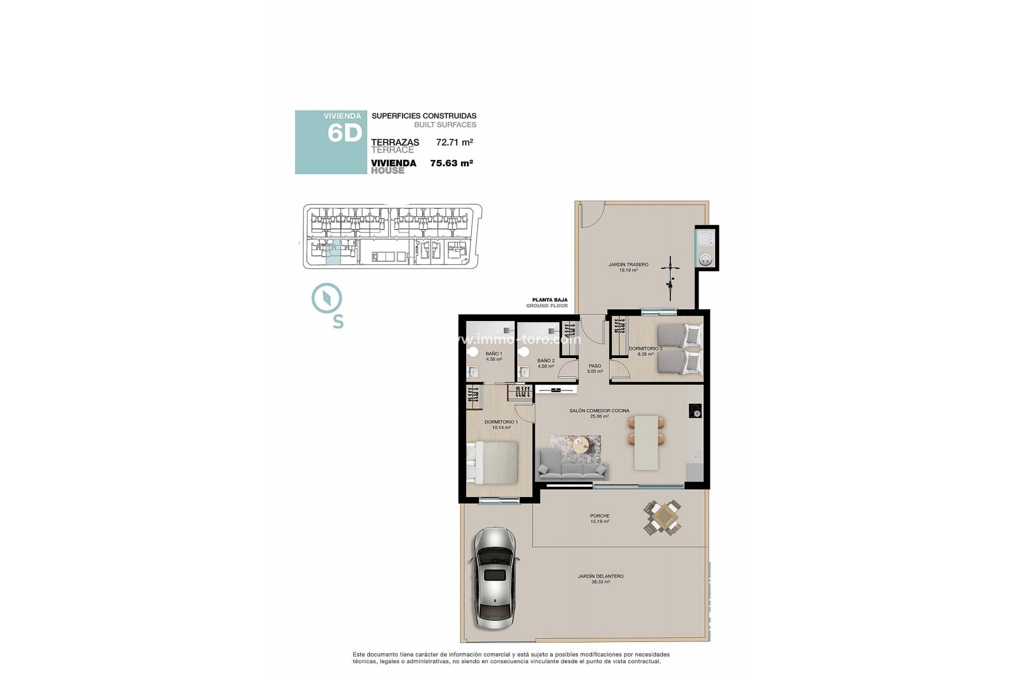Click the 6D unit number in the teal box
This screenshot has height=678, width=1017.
click(x=344, y=133)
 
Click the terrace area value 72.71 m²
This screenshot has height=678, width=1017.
click(x=454, y=142)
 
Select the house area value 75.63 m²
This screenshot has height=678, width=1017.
click(x=451, y=163)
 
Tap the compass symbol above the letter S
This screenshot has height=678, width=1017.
click(x=327, y=298)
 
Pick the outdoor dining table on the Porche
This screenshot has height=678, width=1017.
click(x=663, y=518)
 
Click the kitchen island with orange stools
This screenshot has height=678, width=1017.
click(x=646, y=443)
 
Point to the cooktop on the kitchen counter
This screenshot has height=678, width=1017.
click(x=695, y=411)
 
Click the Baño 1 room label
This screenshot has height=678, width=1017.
click(x=494, y=356)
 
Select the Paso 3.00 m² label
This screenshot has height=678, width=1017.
click(x=595, y=368)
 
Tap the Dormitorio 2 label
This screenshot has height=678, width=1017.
click(x=645, y=351)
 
